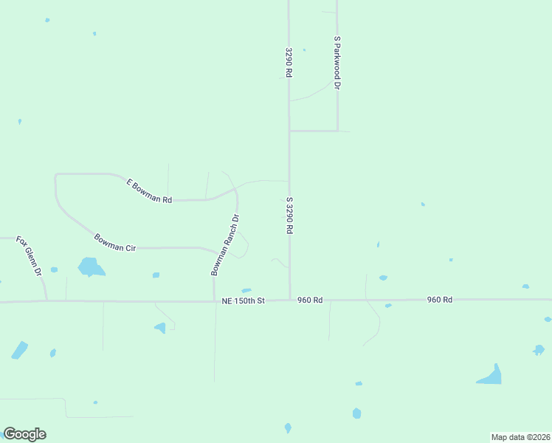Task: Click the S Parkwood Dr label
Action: (337, 63)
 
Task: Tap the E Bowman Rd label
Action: (149, 190)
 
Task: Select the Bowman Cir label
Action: (115, 242)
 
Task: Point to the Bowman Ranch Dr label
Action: (225, 245)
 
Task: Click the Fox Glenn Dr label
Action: (30, 256)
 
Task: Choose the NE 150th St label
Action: (243, 301)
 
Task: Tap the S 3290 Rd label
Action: (289, 216)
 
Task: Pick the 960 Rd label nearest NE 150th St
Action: (310, 301)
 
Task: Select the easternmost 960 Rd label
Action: (438, 300)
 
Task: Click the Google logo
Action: (24, 434)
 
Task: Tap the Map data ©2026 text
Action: (520, 437)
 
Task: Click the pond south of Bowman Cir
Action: (90, 267)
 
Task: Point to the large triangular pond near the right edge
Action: (491, 376)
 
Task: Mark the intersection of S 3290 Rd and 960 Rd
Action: (289, 301)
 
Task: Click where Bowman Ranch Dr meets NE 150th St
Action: (214, 301)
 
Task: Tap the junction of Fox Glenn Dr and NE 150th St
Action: (46, 301)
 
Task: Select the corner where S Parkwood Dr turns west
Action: (337, 131)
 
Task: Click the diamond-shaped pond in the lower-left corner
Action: (20, 350)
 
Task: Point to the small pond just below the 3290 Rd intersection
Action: (246, 290)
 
